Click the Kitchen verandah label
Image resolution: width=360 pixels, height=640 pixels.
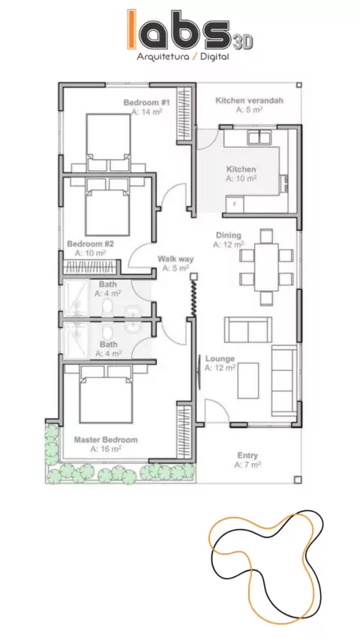pyautogui.click(x=249, y=100)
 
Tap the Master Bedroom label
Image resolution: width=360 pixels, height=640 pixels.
pyautogui.click(x=106, y=440)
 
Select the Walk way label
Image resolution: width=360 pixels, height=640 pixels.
pyautogui.click(x=175, y=259)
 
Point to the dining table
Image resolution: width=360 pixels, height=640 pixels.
pyautogui.click(x=266, y=267)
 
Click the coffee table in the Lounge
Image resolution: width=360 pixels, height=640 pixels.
pyautogui.click(x=248, y=381)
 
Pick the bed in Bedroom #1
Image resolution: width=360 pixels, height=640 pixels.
pyautogui.click(x=108, y=136)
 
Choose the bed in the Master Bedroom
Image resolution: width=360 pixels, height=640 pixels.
pyautogui.click(x=106, y=400)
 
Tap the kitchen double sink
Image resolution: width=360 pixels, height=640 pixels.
pyautogui.click(x=259, y=138)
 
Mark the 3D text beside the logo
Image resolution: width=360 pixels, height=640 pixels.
pyautogui.click(x=243, y=42)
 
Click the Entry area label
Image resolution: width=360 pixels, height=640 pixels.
pyautogui.click(x=247, y=456)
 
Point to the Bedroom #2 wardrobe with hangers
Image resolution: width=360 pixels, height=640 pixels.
pyautogui.click(x=91, y=267)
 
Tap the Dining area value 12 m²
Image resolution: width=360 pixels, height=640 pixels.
pyautogui.click(x=229, y=244)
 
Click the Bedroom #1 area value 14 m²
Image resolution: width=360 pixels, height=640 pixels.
pyautogui.click(x=147, y=112)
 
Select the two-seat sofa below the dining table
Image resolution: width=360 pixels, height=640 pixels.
pyautogui.click(x=248, y=330)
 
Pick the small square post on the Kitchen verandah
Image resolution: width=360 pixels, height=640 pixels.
pyautogui.click(x=298, y=85)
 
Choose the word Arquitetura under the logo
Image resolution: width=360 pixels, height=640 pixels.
pyautogui.click(x=163, y=57)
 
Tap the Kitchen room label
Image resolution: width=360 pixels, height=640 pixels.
pyautogui.click(x=241, y=169)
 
